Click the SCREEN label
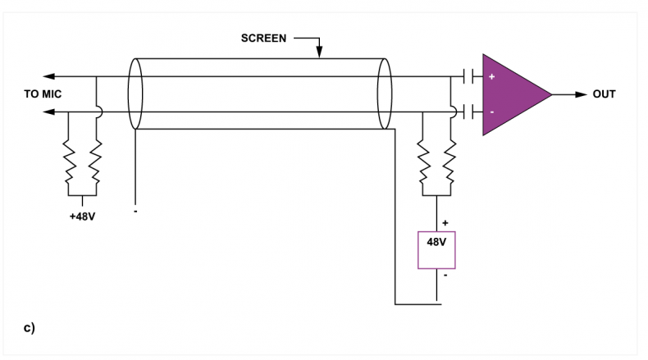click(263, 39)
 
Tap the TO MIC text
click(43, 94)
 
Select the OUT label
click(604, 94)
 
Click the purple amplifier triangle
click(510, 94)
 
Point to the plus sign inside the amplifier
click(492, 76)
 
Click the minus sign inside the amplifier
click(492, 112)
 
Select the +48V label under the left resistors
click(82, 216)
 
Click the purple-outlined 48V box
click(436, 250)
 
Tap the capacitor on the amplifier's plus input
click(468, 76)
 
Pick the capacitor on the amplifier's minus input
click(468, 112)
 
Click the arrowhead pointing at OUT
click(581, 94)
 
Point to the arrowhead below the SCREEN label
click(319, 52)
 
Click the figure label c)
click(30, 328)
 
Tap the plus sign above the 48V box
click(445, 223)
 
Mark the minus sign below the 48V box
click(445, 275)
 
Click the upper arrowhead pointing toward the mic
click(48, 76)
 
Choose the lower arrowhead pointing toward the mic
click(48, 112)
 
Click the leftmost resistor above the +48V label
click(69, 162)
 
